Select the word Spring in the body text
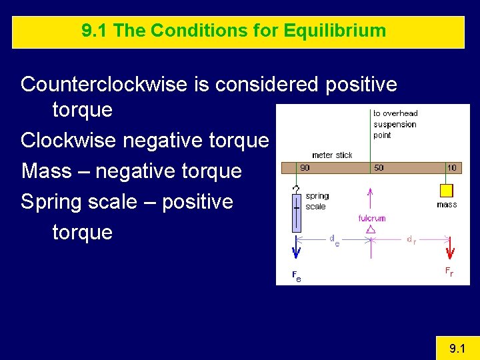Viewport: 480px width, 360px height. (x=55, y=201)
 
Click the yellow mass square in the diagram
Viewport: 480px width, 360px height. (x=447, y=190)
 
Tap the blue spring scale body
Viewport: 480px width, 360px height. (x=296, y=213)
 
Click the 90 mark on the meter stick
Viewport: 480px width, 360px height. (x=305, y=168)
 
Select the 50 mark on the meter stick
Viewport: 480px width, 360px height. (x=379, y=168)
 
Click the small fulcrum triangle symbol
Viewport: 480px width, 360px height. (x=371, y=229)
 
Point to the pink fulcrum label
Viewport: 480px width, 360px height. (x=371, y=218)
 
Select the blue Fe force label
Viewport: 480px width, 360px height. (x=296, y=276)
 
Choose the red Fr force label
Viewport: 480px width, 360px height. (x=449, y=271)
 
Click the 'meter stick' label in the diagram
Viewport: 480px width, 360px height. (x=332, y=155)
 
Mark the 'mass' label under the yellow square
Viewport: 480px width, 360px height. (x=447, y=205)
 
